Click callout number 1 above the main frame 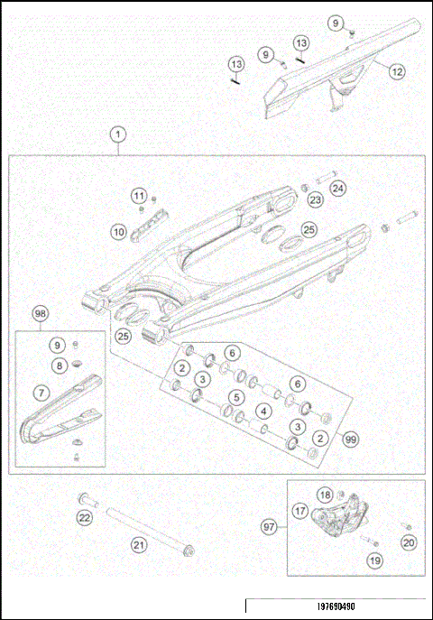tap(117, 135)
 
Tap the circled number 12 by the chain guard tap(398, 69)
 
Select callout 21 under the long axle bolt tap(139, 544)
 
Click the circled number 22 tap(84, 517)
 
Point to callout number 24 tap(337, 189)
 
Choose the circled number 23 tap(316, 199)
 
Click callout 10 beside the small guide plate tap(118, 232)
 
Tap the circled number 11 tap(138, 196)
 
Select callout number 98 tap(40, 313)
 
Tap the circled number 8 tap(60, 366)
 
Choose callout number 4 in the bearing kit tap(263, 411)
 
